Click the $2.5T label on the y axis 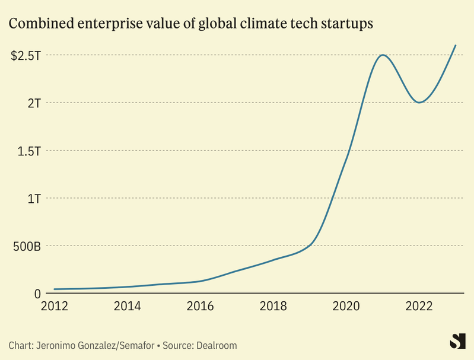[26, 55]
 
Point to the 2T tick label [33, 103]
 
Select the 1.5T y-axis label [28, 151]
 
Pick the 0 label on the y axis [37, 294]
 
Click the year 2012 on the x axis [54, 307]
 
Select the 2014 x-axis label [127, 307]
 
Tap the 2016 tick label [200, 307]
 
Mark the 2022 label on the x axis [419, 307]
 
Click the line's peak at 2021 [383, 55]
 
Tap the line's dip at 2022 [419, 103]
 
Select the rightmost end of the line [455, 45]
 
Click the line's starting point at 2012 [55, 289]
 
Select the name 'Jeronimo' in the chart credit [58, 345]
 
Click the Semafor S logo [456, 342]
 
